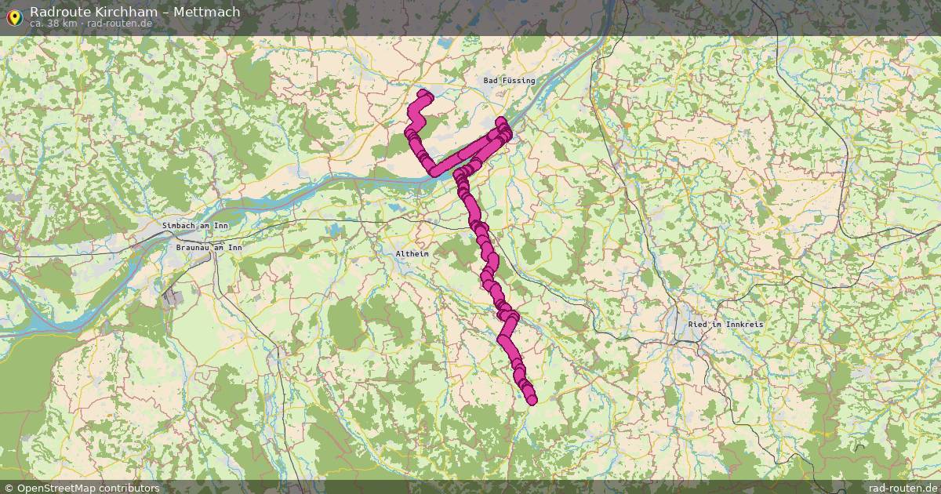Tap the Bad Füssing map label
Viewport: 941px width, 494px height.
point(509,81)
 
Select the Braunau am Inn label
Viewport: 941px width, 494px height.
point(209,248)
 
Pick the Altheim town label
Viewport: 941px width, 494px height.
point(412,255)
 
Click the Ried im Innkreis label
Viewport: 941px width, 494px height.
point(725,324)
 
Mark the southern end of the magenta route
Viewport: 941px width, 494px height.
point(532,401)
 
